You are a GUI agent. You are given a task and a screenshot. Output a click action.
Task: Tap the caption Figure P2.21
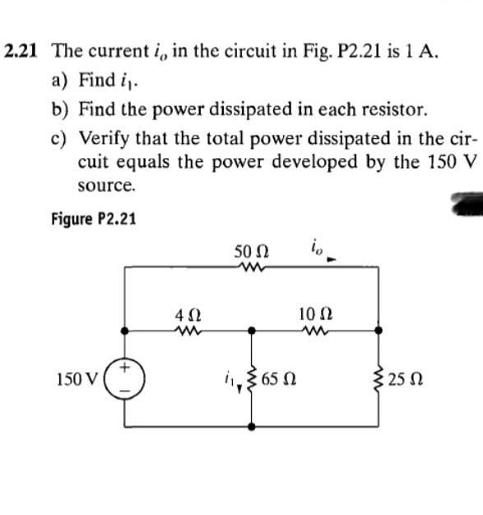point(93,219)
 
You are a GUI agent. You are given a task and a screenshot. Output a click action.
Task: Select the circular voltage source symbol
point(124,379)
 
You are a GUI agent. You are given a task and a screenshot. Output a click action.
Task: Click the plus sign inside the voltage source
point(124,369)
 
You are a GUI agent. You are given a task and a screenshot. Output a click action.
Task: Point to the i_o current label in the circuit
point(317,245)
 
